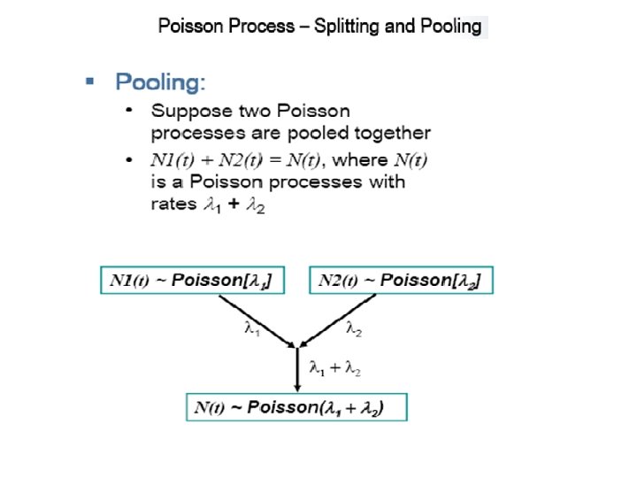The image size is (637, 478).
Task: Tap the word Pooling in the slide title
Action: click(x=446, y=27)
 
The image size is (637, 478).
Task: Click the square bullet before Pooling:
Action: click(x=88, y=81)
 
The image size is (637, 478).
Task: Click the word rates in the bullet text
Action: click(x=172, y=204)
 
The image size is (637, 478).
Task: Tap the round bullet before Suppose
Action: click(x=130, y=112)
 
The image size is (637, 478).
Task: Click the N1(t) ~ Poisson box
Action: click(x=196, y=281)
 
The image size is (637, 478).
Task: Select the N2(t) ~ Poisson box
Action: click(x=401, y=281)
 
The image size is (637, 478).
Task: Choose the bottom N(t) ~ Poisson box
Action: click(x=297, y=407)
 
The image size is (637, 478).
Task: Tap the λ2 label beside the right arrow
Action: click(x=354, y=329)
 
